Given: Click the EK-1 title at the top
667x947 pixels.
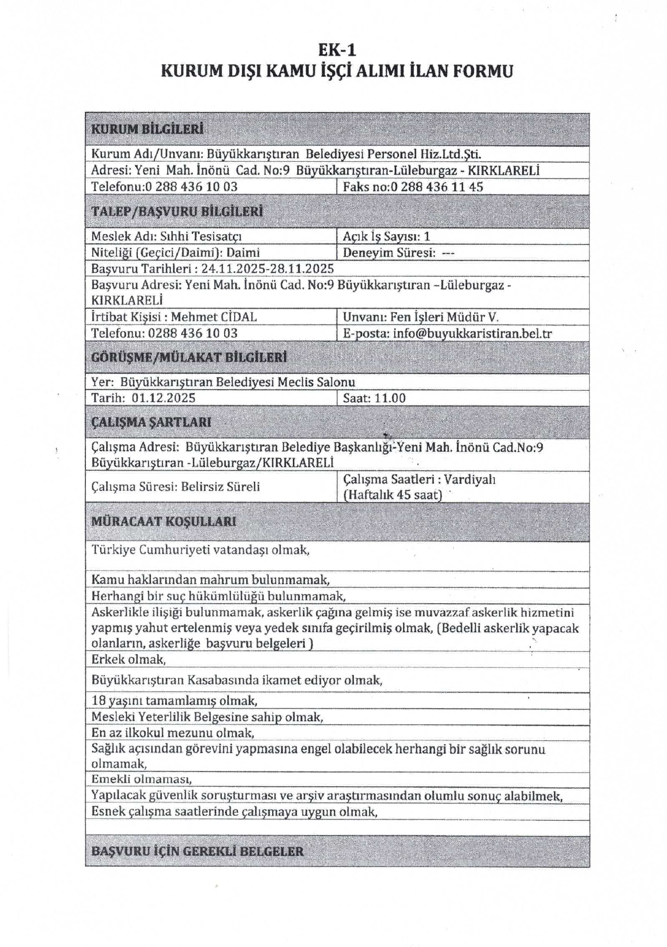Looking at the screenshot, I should (x=337, y=50).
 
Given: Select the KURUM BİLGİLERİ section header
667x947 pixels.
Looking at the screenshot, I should (x=147, y=129).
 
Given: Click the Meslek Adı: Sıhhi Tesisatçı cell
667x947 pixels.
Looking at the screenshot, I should (x=166, y=236).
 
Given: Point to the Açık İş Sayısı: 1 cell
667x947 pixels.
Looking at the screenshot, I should (x=386, y=236).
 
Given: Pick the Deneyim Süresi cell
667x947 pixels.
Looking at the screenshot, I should (x=398, y=253).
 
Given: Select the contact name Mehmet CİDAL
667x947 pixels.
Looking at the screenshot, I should (x=214, y=317).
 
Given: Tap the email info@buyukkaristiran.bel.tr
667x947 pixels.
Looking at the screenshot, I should (x=472, y=333).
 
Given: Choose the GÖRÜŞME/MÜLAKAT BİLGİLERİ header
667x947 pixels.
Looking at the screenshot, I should (x=188, y=357).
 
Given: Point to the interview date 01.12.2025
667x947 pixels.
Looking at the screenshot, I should (x=163, y=398).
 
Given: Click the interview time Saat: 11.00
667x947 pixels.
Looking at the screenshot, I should (x=374, y=398).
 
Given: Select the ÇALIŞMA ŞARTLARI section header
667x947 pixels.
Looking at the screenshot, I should (x=151, y=422).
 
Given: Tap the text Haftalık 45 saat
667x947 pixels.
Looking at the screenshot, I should (x=392, y=494).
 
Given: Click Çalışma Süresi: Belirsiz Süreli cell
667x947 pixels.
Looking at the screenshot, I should (x=176, y=487).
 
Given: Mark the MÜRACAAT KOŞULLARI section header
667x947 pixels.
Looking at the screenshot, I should (x=163, y=521).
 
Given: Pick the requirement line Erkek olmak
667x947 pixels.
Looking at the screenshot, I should (x=129, y=659).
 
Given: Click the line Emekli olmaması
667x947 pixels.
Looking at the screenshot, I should (x=142, y=779).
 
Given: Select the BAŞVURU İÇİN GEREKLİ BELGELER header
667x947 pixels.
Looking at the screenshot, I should (x=197, y=851).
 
